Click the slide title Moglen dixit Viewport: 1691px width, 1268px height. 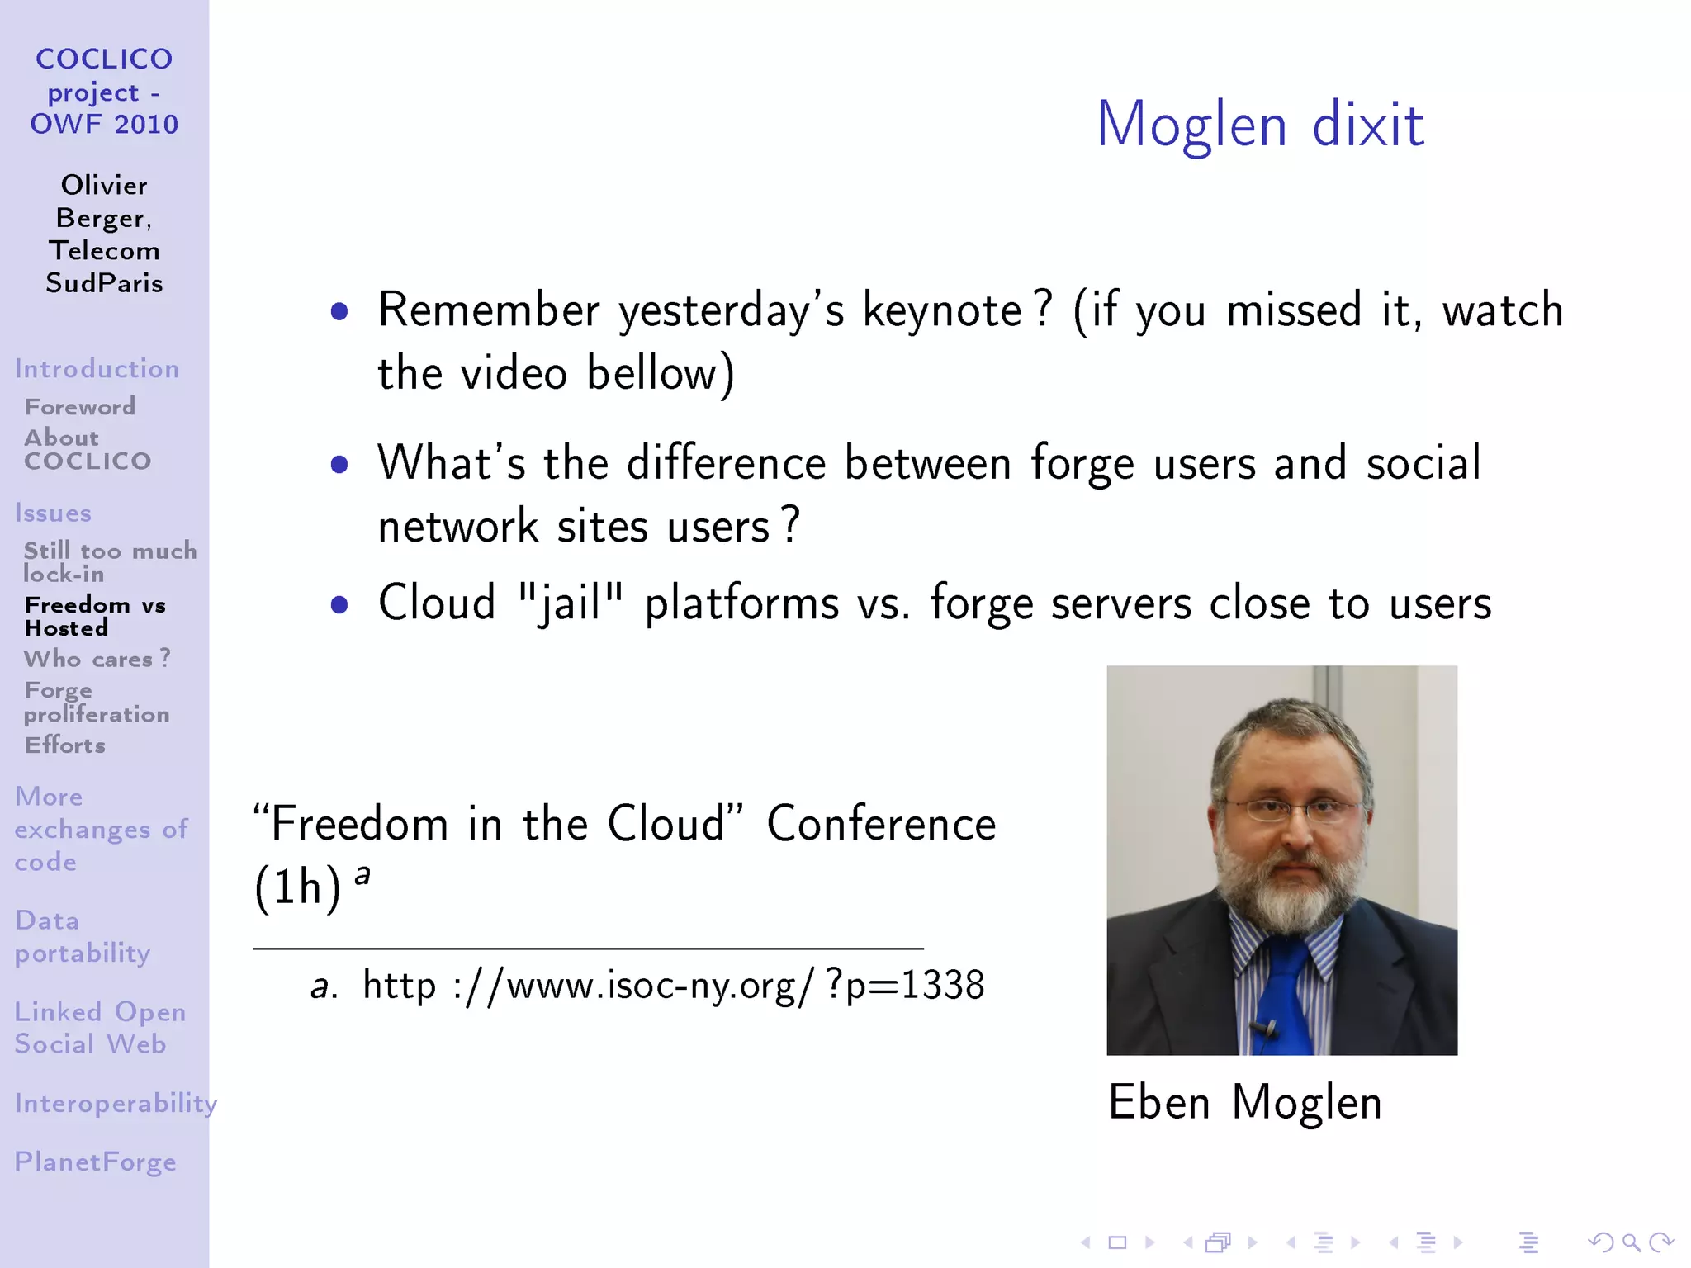point(1259,124)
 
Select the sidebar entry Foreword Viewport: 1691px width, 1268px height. point(79,406)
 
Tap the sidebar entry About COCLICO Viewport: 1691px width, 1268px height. point(87,449)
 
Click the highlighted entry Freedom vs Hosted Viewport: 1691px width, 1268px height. point(94,616)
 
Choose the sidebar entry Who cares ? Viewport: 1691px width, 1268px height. point(97,659)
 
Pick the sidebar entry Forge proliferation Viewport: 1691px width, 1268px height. point(96,702)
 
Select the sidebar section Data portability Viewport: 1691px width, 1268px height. point(82,936)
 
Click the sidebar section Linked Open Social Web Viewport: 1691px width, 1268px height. point(99,1027)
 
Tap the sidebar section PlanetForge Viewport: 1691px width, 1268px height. point(95,1162)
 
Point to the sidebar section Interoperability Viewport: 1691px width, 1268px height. point(115,1103)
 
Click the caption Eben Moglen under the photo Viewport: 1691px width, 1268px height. point(1244,1102)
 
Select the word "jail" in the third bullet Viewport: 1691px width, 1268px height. point(570,603)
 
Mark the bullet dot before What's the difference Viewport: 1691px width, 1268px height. point(339,465)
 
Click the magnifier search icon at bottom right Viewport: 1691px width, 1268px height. point(1631,1242)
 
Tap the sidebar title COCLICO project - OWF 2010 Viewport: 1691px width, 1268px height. point(104,91)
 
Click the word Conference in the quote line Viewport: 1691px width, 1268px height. point(881,824)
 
